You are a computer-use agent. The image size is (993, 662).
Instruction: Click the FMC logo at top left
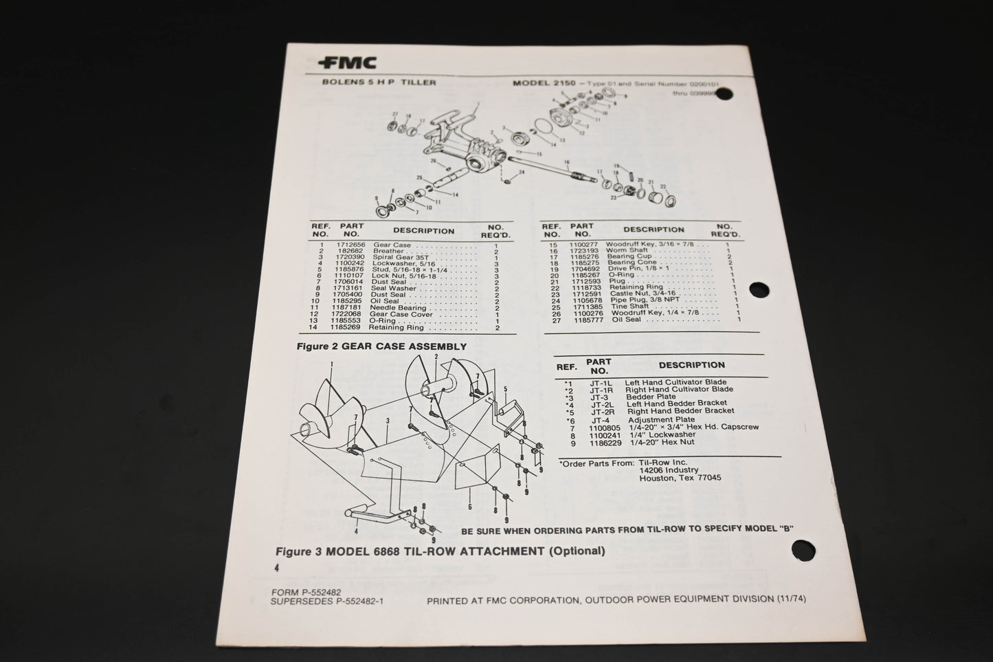pyautogui.click(x=347, y=63)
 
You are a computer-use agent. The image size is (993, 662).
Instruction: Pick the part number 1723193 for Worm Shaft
pyautogui.click(x=582, y=251)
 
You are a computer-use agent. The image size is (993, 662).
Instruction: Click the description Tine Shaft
pyautogui.click(x=627, y=307)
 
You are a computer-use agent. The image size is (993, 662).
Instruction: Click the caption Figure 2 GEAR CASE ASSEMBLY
pyautogui.click(x=381, y=347)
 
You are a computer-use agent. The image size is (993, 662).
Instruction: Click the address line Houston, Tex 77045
pyautogui.click(x=680, y=478)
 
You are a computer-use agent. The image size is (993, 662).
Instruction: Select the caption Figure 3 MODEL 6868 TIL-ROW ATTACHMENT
pyautogui.click(x=440, y=551)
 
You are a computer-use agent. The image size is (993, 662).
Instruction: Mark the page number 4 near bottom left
pyautogui.click(x=276, y=568)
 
